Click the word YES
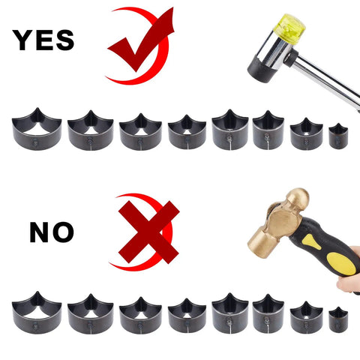coord(43,40)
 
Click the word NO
coord(52,232)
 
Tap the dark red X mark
coord(148,232)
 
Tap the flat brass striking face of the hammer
coord(259,243)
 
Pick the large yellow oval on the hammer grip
coord(342,264)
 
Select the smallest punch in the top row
coord(338,136)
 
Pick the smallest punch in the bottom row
coord(338,321)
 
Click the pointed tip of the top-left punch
coord(37,108)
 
